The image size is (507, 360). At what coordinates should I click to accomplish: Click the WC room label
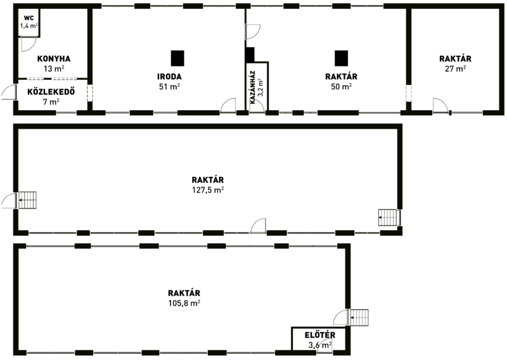coord(29,18)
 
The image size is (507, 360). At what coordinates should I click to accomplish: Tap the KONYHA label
coord(54,59)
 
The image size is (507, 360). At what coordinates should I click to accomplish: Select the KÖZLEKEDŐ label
coord(51,92)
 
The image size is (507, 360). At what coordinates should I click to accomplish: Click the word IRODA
coord(169,77)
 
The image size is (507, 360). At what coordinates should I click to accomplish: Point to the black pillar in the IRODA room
coord(177,58)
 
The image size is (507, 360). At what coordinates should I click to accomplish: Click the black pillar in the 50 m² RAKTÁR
coord(342,58)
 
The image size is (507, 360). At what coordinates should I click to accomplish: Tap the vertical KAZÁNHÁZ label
coord(253,87)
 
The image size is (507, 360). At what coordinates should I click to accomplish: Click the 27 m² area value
coord(455,68)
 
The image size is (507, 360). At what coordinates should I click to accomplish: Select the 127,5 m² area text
coord(209,190)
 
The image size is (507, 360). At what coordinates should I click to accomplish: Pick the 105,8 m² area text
coord(184,303)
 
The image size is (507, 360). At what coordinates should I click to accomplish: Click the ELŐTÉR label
coord(320,335)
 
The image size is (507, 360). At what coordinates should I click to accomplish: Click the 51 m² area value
coord(169,87)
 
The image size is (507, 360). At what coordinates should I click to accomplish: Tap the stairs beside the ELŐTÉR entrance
coord(359,318)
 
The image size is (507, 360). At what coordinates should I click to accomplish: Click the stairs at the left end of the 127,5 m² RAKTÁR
coord(27,200)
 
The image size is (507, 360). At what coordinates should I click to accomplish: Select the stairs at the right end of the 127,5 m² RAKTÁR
coord(388,217)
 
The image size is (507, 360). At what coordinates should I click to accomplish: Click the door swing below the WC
coord(29,44)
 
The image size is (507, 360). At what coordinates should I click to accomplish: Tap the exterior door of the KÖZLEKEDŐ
coord(9,92)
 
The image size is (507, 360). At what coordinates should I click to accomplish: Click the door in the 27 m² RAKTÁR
coord(440,105)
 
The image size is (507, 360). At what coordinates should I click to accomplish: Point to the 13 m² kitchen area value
coord(54,68)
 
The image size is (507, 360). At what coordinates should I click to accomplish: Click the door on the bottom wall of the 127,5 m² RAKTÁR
coord(259,226)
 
